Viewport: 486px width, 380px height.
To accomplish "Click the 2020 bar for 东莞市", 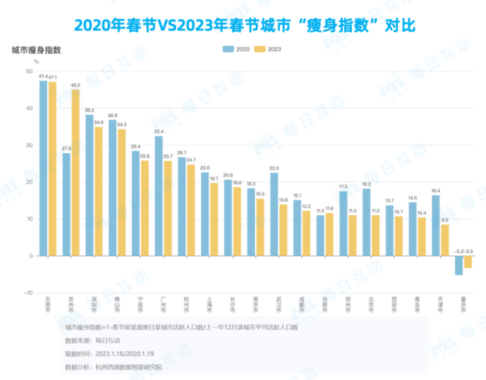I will click(43, 169).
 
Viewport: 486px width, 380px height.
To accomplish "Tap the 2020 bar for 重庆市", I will click(459, 265).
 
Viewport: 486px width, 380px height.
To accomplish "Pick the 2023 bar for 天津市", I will click(445, 240).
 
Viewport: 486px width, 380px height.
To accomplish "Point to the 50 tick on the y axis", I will click(29, 72).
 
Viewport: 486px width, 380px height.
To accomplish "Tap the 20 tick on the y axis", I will click(29, 182).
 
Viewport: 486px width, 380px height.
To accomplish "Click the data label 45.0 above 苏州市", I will click(76, 85).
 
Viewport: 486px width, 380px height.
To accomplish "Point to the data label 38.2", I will click(89, 110).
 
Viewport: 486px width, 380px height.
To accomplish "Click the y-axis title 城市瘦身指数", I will click(37, 50).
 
